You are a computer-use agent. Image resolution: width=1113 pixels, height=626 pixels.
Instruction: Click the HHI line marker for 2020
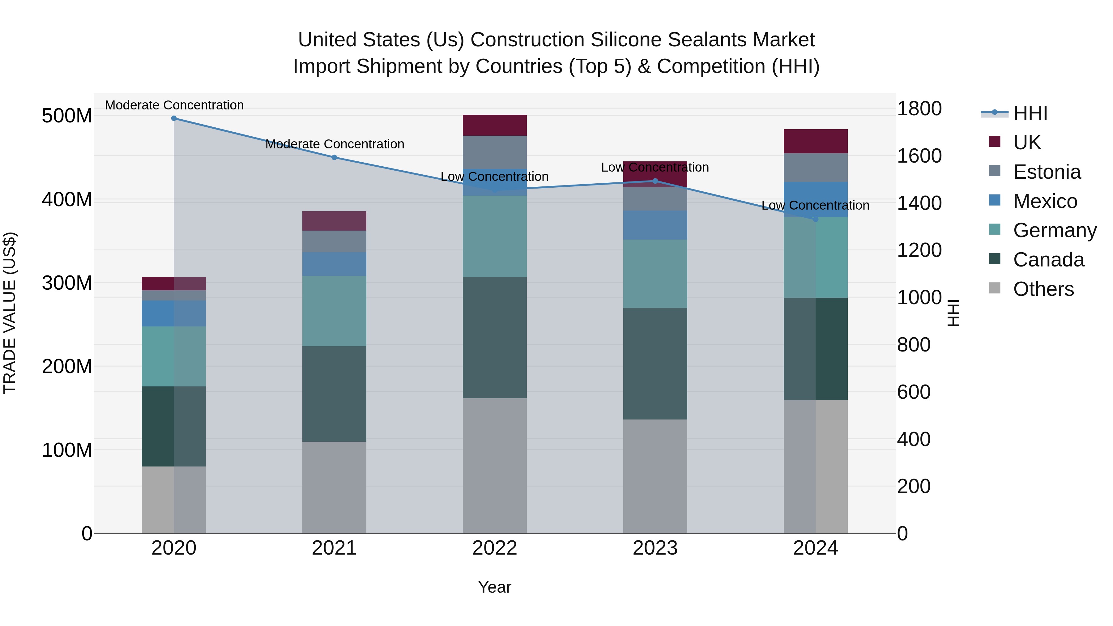(174, 118)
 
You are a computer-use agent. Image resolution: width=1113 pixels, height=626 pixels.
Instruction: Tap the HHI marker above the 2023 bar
(655, 181)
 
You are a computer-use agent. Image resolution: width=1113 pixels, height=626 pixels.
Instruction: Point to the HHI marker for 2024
(816, 219)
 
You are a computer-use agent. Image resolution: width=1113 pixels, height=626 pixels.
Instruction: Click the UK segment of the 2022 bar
(495, 125)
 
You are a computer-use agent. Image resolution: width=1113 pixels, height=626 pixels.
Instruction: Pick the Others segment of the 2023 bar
(655, 476)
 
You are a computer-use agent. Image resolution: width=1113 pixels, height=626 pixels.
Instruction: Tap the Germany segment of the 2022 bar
(495, 236)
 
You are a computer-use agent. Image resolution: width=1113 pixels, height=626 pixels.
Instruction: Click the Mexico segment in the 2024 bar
(816, 199)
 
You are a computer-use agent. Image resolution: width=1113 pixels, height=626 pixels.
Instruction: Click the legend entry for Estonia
(1047, 172)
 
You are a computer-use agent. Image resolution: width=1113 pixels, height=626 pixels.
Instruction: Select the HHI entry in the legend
(1030, 113)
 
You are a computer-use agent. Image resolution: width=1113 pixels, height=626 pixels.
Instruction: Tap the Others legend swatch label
(1043, 289)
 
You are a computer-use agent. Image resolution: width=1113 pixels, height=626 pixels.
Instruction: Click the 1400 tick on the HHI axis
(919, 203)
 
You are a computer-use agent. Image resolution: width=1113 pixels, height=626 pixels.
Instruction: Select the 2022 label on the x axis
(495, 548)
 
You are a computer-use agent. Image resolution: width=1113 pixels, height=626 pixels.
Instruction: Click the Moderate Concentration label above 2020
(174, 105)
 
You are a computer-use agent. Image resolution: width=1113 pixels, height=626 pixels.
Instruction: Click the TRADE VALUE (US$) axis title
(10, 313)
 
